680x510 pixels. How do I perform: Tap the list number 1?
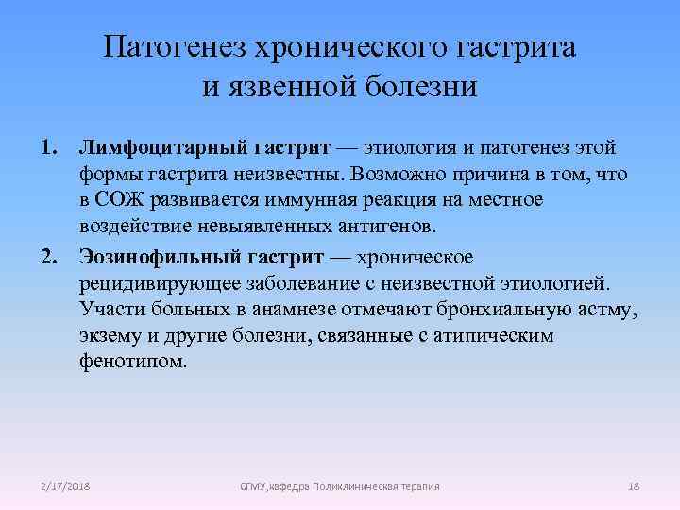46,148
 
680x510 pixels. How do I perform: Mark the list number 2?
46,258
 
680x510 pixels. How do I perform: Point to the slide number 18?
634,486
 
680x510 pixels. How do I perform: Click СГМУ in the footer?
253,486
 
